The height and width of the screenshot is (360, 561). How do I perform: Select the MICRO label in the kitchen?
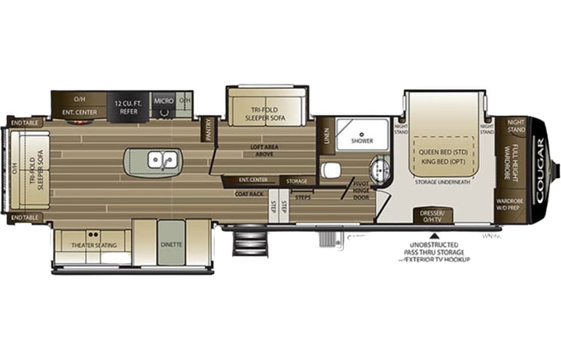click(163, 101)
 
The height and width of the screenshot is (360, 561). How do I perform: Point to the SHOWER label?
click(361, 141)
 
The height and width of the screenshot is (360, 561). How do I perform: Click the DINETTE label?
click(171, 244)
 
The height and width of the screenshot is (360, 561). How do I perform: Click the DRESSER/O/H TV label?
click(434, 214)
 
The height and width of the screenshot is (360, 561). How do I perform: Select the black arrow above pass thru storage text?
click(434, 236)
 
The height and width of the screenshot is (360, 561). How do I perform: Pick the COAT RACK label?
click(249, 194)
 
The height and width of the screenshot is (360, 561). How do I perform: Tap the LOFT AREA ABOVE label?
click(263, 150)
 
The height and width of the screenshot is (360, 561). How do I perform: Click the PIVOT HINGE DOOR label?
click(361, 189)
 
